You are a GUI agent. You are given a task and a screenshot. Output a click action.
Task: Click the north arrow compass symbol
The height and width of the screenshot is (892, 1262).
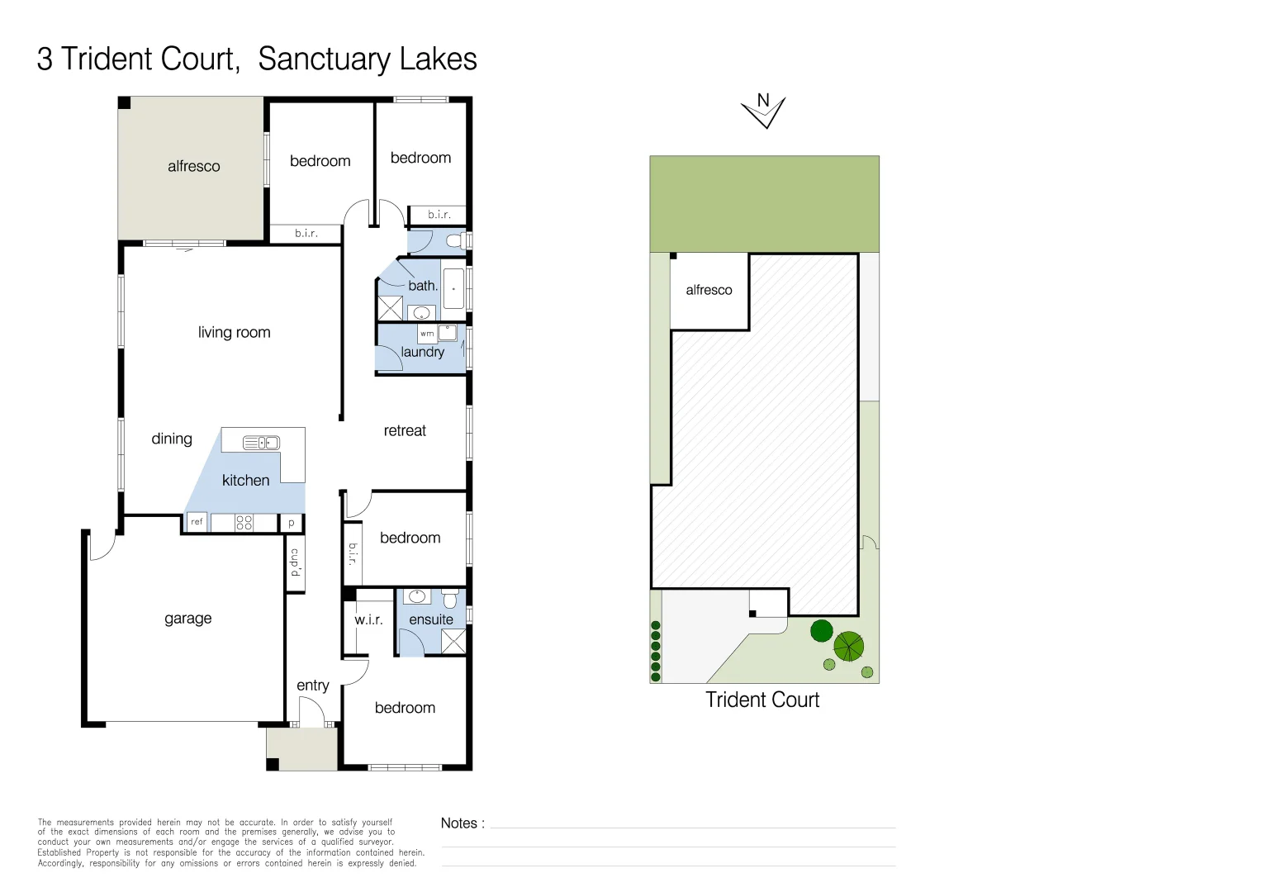[763, 111]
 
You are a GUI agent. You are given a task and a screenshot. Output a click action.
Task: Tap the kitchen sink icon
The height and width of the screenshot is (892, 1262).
[261, 444]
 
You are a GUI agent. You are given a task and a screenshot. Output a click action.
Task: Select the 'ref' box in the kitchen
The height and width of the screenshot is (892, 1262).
[197, 522]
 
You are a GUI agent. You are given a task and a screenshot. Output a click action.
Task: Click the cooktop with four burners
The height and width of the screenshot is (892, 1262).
[244, 522]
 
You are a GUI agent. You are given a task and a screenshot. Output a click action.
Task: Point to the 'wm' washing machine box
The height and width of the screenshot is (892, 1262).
[427, 334]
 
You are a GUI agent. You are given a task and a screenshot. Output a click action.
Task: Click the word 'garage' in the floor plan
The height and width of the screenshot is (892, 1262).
[187, 619]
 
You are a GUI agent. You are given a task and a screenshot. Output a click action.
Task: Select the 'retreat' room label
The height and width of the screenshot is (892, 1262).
[405, 431]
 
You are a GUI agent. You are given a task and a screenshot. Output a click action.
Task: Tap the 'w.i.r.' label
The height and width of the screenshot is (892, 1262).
[368, 619]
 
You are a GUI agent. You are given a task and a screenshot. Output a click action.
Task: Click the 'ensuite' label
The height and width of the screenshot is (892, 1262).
[431, 619]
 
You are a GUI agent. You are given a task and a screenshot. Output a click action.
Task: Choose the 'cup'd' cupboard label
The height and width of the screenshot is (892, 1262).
[295, 562]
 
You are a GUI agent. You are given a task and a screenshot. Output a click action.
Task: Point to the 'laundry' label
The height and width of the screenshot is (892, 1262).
[423, 352]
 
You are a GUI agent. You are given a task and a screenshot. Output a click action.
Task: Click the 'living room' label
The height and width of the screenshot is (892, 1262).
[234, 333]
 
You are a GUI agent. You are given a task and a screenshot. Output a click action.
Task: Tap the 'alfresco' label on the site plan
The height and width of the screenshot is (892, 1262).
[709, 290]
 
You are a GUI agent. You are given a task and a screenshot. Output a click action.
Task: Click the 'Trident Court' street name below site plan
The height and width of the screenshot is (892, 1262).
[761, 700]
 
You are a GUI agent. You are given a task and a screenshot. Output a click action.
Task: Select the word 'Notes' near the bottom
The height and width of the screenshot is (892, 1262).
[459, 823]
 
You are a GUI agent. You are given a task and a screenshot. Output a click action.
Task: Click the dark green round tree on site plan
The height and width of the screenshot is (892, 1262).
[821, 631]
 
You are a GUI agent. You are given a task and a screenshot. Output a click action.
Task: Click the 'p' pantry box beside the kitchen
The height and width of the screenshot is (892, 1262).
[292, 523]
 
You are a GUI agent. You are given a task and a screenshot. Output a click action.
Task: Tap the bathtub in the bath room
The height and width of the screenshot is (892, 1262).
[453, 289]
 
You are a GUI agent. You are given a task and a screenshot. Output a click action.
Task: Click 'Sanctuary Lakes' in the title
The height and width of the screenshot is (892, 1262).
[367, 59]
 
